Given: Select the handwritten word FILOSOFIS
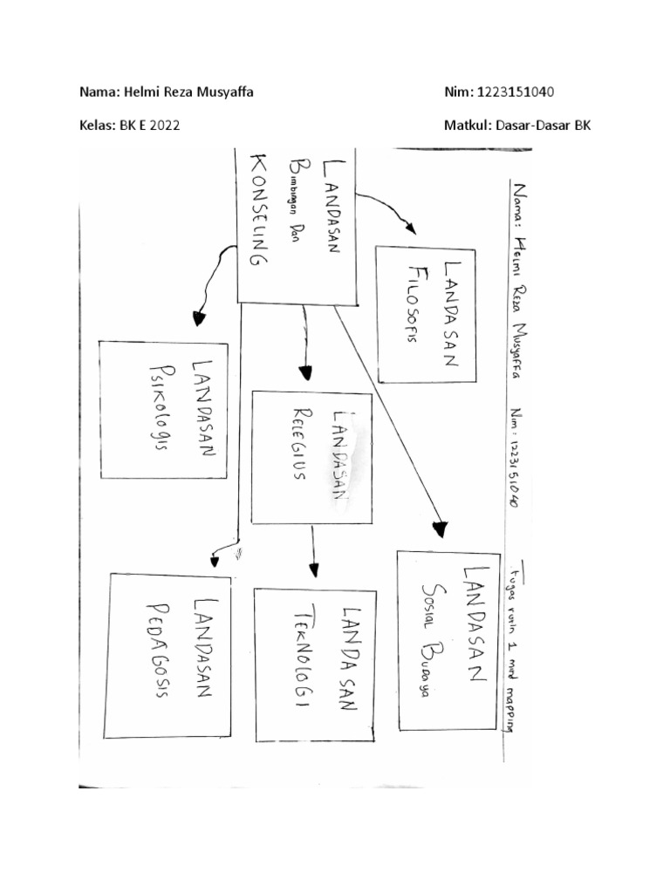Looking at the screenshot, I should (x=417, y=302).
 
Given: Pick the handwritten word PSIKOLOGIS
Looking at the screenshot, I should (x=161, y=409).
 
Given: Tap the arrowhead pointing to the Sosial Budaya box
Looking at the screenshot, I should (x=440, y=528).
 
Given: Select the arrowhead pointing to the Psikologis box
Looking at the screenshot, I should (x=199, y=318).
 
